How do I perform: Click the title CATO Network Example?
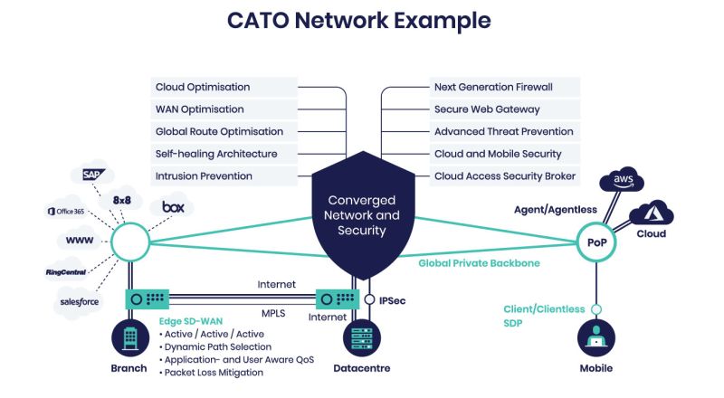362,20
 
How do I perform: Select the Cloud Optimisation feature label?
204,87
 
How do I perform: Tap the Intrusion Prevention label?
205,175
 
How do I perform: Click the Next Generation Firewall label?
493,87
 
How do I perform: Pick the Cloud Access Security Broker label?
505,175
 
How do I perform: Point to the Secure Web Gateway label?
487,109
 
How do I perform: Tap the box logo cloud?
173,207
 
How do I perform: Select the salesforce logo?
79,301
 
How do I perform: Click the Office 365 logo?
70,211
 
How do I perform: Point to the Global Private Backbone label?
477,263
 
